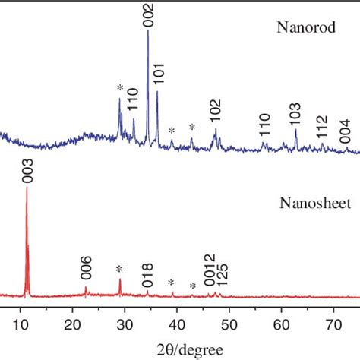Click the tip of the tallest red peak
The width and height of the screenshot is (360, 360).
tap(27, 188)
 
